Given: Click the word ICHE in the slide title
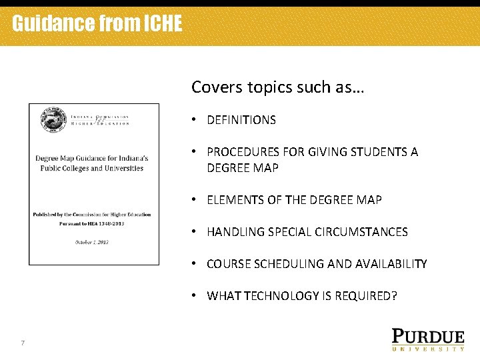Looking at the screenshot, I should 162,24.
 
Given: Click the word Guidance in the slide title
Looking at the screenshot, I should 53,24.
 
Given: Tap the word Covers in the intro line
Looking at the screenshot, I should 212,87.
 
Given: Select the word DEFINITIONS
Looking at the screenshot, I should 241,120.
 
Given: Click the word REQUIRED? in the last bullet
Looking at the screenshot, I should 365,296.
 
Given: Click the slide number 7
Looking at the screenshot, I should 23,343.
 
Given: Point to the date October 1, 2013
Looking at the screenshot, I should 92,242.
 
